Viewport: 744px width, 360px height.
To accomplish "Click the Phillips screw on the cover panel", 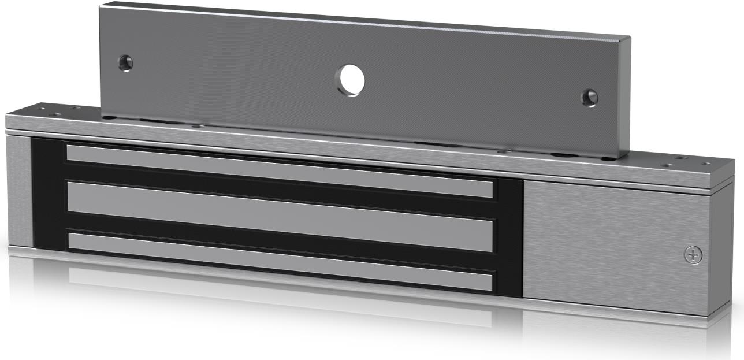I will tap(693, 255).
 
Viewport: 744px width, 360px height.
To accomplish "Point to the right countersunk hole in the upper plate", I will tap(589, 98).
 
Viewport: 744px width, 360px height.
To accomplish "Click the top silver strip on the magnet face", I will tap(277, 169).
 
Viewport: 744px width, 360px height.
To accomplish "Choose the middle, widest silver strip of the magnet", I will tap(277, 216).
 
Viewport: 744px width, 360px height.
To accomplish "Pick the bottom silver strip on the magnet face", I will tap(277, 261).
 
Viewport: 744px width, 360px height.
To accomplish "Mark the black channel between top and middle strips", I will tap(277, 191).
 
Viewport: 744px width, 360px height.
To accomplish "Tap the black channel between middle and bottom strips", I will tap(277, 239).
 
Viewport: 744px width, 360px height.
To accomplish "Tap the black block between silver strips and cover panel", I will tap(509, 237).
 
